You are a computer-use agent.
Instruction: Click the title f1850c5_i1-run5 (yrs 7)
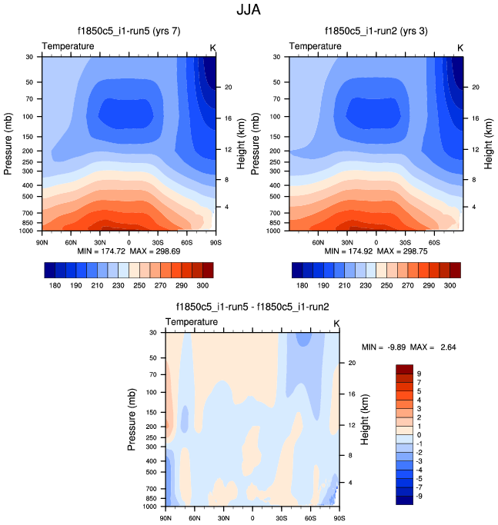129,32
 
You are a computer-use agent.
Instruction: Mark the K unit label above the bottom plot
336,321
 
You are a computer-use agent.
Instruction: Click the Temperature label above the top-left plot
69,46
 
